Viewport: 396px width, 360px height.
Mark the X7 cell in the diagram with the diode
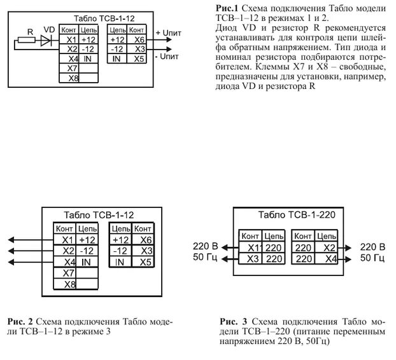[x=72, y=68]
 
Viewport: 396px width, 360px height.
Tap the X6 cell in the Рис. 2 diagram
[x=146, y=240]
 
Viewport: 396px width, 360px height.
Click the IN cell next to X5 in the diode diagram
[x=117, y=59]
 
